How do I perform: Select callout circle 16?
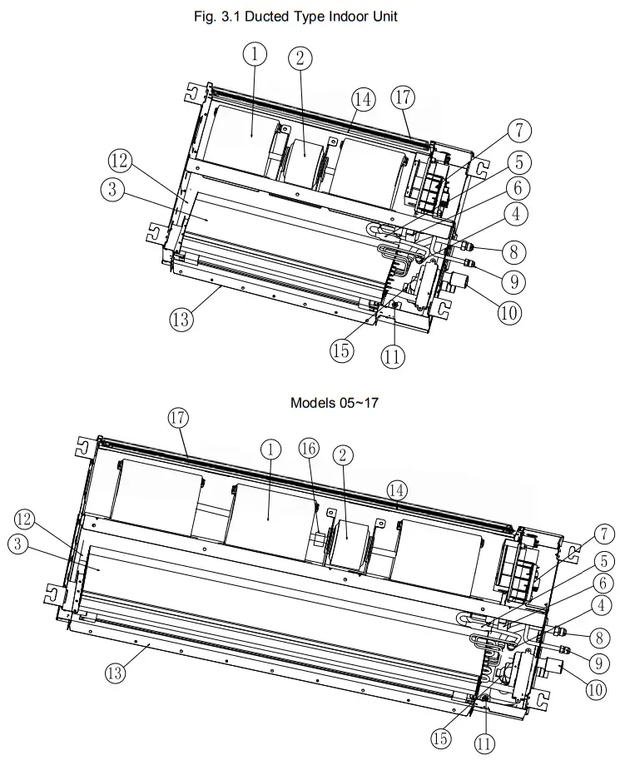point(309,449)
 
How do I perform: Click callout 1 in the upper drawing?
point(255,54)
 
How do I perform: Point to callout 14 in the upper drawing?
point(361,99)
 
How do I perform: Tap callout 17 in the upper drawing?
point(403,97)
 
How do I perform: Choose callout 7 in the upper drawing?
point(518,131)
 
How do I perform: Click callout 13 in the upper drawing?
point(181,318)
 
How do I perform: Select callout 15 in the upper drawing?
point(341,350)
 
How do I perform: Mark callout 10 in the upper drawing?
point(509,313)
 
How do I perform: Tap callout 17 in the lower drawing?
point(178,417)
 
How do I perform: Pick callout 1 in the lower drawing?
point(270,449)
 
